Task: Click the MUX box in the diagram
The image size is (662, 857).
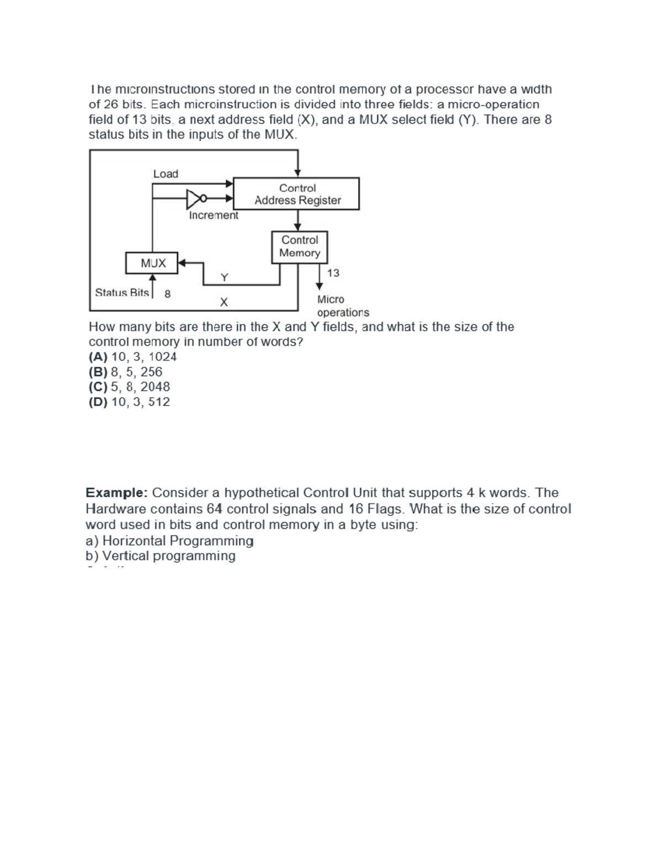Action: [153, 263]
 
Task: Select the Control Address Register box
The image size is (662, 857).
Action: [297, 194]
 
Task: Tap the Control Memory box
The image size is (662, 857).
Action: [300, 247]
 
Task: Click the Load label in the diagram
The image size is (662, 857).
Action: [165, 174]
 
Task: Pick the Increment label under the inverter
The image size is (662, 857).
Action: [213, 215]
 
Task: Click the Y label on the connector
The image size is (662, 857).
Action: [224, 277]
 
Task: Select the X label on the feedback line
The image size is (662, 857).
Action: [223, 302]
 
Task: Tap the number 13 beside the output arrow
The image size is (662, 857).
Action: [333, 273]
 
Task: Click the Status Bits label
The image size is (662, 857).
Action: [122, 292]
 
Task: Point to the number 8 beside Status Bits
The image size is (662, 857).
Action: [168, 294]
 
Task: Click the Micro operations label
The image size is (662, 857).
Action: [342, 306]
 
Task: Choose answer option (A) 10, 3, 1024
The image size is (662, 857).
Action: [133, 356]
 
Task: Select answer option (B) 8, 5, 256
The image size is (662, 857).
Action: [126, 372]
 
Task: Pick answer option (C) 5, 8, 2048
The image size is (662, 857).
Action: [130, 387]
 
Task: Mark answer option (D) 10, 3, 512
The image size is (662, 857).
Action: [130, 402]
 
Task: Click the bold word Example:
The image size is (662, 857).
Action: [116, 493]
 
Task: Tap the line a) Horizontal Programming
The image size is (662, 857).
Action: [170, 540]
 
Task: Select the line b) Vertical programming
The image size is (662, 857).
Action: [161, 556]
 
